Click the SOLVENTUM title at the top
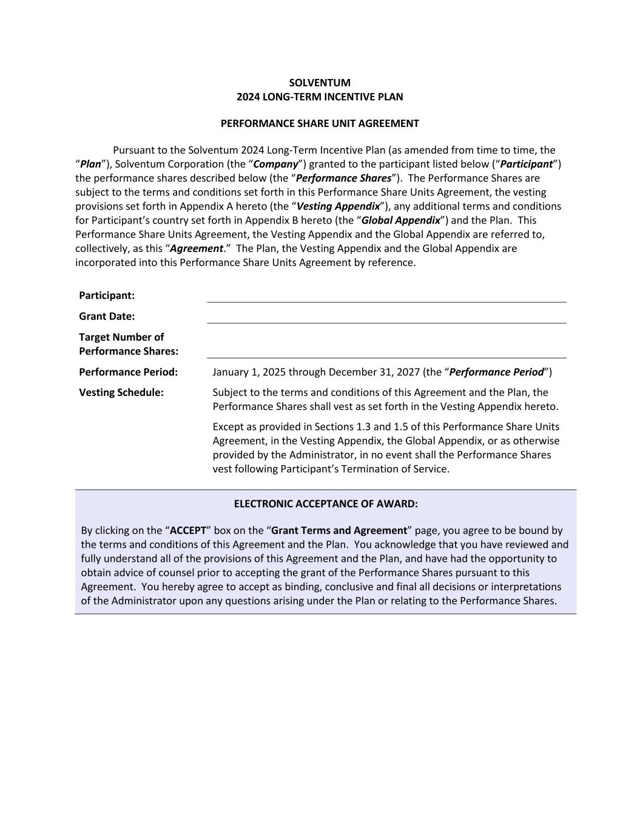pyautogui.click(x=320, y=83)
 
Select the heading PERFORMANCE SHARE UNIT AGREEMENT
pyautogui.click(x=320, y=123)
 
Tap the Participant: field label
pyautogui.click(x=107, y=296)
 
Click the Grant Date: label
pyautogui.click(x=107, y=316)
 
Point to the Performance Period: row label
pyautogui.click(x=129, y=372)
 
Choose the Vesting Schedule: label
pyautogui.click(x=121, y=392)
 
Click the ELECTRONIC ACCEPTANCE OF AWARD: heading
pyautogui.click(x=326, y=504)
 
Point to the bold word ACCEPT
pyautogui.click(x=188, y=530)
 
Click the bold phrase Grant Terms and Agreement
pyautogui.click(x=339, y=530)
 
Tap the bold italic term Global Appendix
pyautogui.click(x=401, y=220)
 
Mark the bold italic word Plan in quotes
pyautogui.click(x=90, y=164)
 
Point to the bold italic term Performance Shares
pyautogui.click(x=343, y=179)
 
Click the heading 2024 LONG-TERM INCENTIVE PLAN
pyautogui.click(x=320, y=97)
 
